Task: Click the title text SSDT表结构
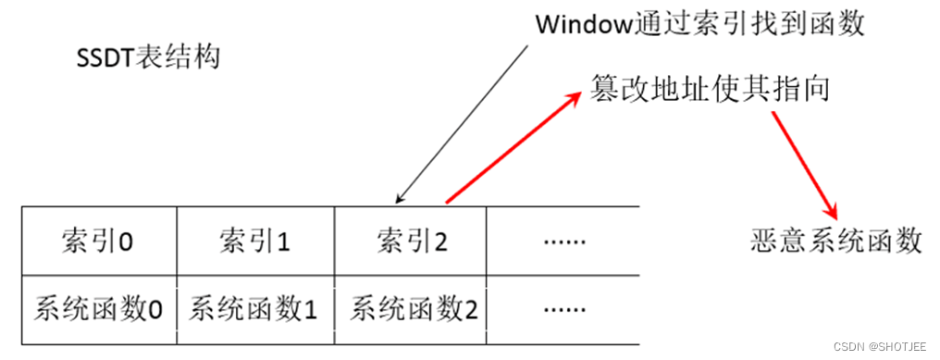pos(147,59)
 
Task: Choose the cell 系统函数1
pos(254,308)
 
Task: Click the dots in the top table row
pos(564,243)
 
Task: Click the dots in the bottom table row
pos(564,308)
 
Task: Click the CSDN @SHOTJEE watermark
pos(879,346)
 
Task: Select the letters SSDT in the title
pos(105,59)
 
